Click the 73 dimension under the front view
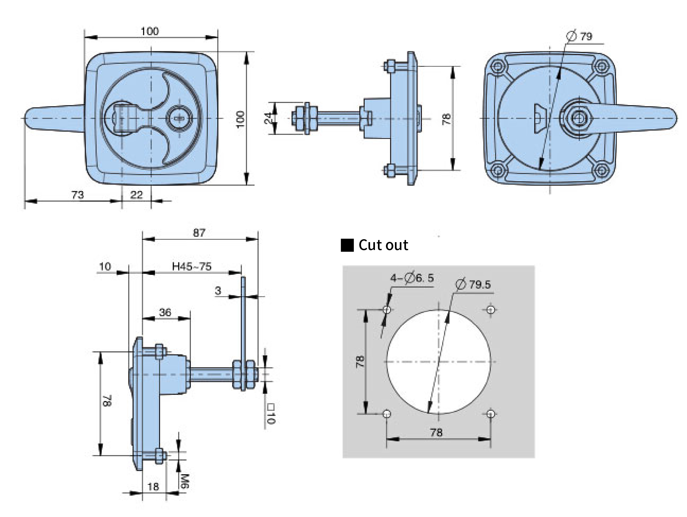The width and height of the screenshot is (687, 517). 78,195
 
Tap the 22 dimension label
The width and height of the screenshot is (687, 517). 136,195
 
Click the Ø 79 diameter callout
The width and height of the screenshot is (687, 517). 580,36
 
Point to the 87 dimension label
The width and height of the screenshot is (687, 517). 199,232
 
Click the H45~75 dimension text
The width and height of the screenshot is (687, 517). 192,266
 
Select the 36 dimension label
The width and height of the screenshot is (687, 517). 165,312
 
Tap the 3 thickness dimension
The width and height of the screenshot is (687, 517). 218,291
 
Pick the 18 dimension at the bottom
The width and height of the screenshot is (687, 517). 153,486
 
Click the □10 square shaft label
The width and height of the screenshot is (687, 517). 271,413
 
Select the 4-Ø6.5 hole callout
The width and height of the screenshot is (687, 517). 412,278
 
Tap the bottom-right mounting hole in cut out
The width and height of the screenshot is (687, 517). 491,414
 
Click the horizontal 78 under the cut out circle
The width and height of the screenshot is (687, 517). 436,432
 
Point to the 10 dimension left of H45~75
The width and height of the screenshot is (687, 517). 105,266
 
